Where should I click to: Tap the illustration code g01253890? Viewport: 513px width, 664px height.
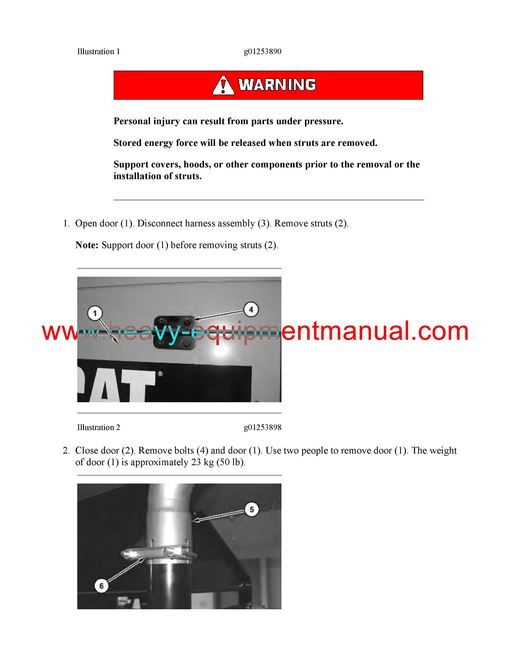pyautogui.click(x=263, y=52)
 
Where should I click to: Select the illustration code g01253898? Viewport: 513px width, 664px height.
pyautogui.click(x=263, y=427)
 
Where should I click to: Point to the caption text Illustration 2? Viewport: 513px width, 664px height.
pyautogui.click(x=98, y=427)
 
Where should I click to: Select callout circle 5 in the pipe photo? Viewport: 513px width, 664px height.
pyautogui.click(x=252, y=509)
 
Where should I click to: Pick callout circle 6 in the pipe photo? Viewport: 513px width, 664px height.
pyautogui.click(x=102, y=586)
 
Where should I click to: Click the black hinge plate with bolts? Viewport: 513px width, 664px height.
pyautogui.click(x=174, y=333)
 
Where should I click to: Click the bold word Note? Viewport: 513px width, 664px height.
pyautogui.click(x=87, y=245)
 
